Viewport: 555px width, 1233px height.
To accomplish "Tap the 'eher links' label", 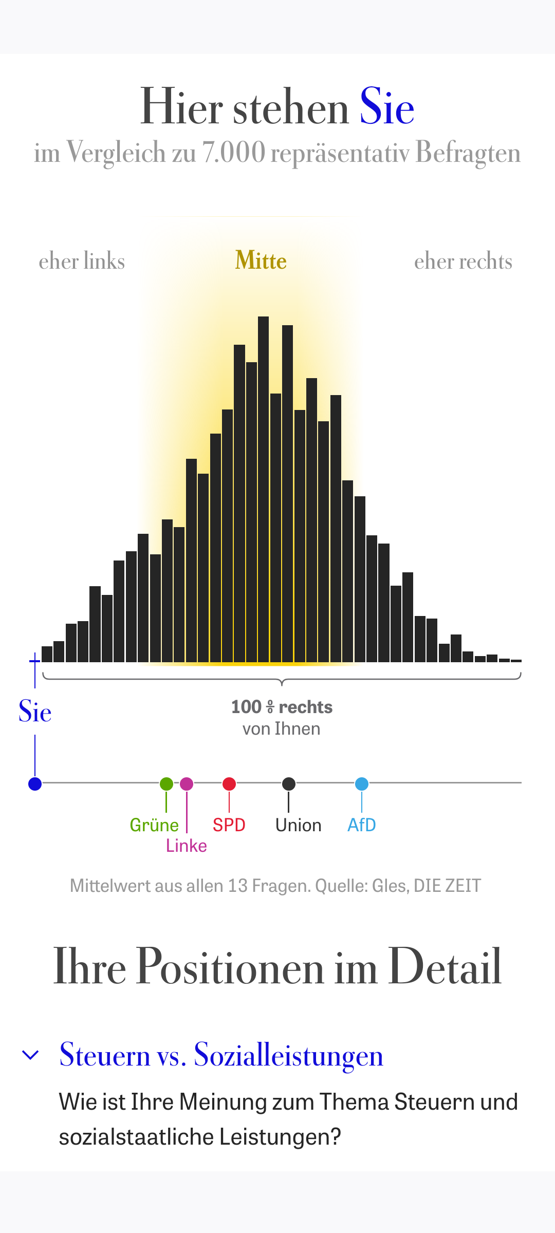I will [82, 261].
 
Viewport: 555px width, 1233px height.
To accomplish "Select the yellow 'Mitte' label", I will [261, 260].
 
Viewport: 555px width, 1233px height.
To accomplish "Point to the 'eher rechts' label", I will [463, 261].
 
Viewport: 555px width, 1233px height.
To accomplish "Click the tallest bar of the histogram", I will [263, 488].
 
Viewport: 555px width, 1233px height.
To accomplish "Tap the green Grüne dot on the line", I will [166, 784].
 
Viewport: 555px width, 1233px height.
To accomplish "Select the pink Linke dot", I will [187, 784].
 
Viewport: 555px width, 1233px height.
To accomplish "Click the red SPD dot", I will [229, 784].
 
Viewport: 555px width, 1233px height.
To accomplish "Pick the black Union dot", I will [289, 784].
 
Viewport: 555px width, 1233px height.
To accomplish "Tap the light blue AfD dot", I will [362, 784].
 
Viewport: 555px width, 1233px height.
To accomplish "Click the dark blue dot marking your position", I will [35, 784].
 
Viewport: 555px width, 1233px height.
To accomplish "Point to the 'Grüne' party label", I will [154, 825].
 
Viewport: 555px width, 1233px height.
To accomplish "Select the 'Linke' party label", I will [186, 846].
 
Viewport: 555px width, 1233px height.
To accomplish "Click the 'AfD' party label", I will [362, 825].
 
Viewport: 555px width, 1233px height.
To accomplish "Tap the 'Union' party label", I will [298, 825].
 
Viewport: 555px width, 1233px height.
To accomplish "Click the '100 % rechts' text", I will [282, 707].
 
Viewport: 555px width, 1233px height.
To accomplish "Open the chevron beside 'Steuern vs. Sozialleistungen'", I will [31, 1055].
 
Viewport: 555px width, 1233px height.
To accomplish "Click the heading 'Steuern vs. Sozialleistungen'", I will [221, 1055].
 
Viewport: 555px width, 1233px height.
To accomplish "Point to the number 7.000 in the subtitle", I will [234, 153].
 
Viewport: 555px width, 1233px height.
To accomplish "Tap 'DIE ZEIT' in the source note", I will [447, 886].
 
